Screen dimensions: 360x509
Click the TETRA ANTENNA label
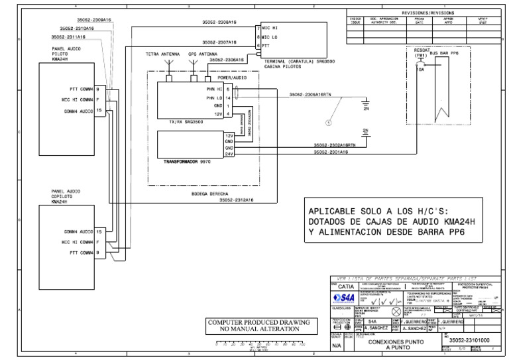point(163,54)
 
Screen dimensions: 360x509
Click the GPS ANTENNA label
point(202,54)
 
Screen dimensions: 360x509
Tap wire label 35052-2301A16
point(330,153)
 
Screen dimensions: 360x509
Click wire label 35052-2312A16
point(237,200)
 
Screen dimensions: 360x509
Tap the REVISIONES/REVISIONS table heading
point(428,13)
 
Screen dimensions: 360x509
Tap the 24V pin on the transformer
point(229,153)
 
